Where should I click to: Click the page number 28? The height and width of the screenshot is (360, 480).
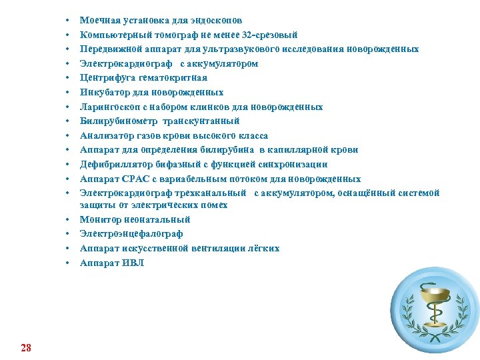coord(26,347)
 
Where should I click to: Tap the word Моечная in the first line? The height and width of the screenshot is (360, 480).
coord(97,21)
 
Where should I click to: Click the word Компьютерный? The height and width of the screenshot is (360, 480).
coord(111,35)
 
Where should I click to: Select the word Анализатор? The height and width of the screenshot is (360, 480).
coord(105,135)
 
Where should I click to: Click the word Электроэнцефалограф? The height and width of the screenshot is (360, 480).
coord(131,234)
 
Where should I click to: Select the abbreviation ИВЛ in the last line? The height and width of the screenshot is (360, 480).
coord(132,263)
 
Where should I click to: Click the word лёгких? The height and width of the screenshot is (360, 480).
coord(263,248)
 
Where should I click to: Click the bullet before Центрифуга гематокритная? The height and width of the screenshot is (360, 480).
coord(68,78)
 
